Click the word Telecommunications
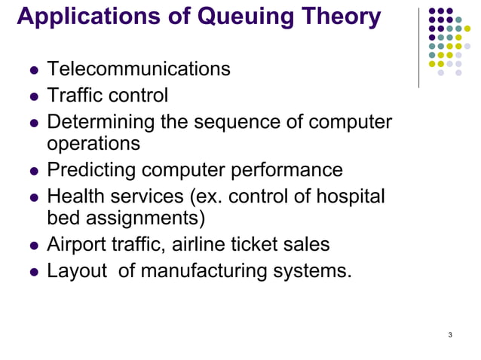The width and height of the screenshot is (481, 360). pyautogui.click(x=139, y=70)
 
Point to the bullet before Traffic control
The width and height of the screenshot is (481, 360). pyautogui.click(x=33, y=97)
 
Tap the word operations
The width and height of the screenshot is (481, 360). pyautogui.click(x=93, y=143)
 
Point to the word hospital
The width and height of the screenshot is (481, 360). pyautogui.click(x=350, y=197)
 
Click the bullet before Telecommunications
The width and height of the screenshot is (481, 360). pyautogui.click(x=33, y=71)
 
